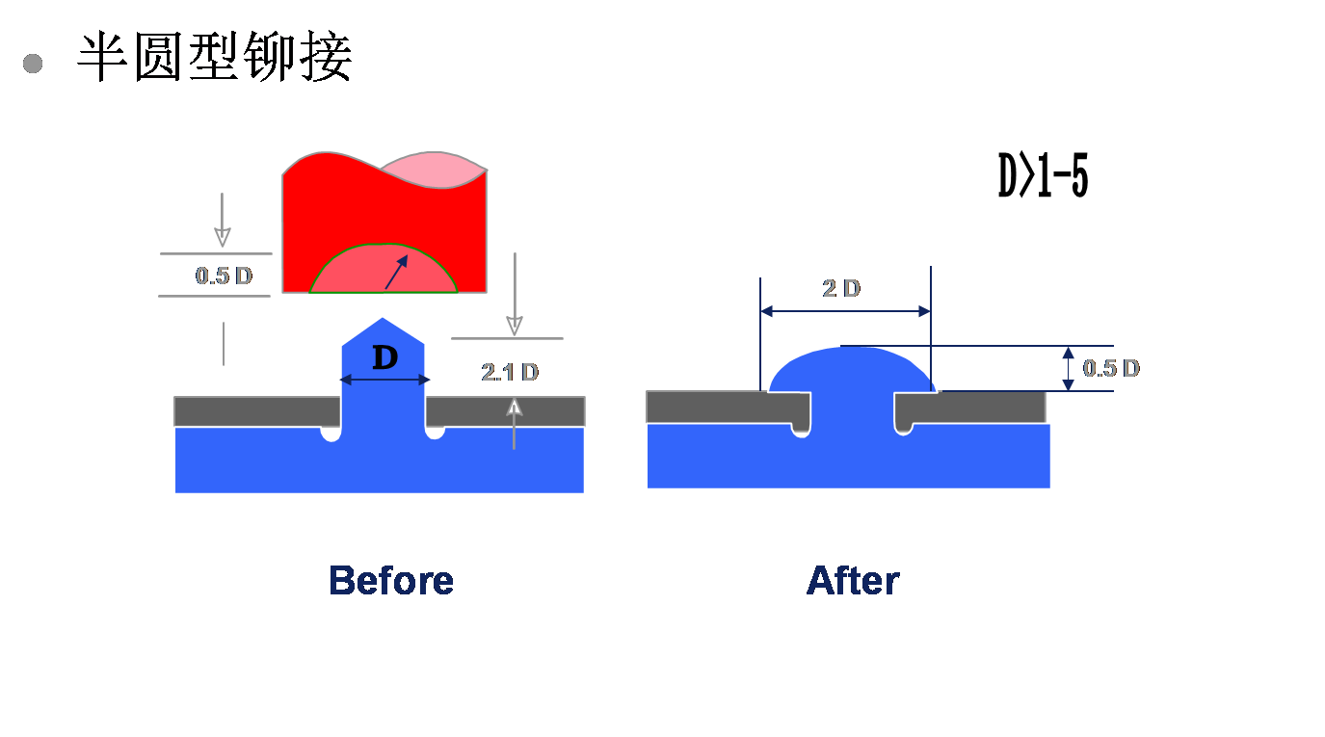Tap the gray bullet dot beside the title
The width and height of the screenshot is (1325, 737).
[33, 64]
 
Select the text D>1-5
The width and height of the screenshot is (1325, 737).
[1043, 175]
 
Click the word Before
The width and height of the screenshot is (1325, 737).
[391, 580]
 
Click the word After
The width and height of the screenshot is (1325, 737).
[853, 580]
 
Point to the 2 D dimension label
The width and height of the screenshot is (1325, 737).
[841, 288]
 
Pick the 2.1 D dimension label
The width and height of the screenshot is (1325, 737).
[510, 372]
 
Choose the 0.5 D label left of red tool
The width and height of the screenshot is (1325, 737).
[224, 276]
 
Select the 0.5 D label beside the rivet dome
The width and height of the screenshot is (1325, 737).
[1111, 368]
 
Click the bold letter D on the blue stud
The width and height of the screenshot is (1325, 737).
[385, 357]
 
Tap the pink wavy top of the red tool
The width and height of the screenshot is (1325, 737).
[435, 170]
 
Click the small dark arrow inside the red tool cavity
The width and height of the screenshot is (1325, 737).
[396, 272]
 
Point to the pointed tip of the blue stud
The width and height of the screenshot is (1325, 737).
[383, 318]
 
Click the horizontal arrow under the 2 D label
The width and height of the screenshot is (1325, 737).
[845, 311]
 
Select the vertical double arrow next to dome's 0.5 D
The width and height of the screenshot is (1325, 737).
[1069, 368]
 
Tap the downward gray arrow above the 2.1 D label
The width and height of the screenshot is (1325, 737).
[515, 294]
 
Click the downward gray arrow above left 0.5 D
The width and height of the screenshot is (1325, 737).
[223, 220]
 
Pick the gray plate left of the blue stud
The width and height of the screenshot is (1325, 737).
[256, 411]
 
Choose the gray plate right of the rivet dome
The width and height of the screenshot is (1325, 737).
[970, 407]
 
